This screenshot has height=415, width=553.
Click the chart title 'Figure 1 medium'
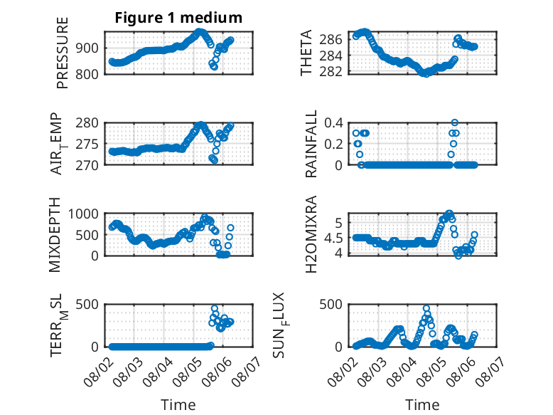[178, 18]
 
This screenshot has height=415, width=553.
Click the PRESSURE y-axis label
[62, 53]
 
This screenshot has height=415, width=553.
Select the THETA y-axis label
[306, 53]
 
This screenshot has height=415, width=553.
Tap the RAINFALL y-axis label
[311, 144]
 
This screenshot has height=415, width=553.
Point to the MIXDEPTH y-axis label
[55, 235]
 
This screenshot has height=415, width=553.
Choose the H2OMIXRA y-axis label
[311, 234]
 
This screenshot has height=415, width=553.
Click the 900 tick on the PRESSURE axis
[87, 48]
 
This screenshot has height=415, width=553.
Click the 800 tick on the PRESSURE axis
[87, 74]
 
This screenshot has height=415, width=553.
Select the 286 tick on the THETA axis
[331, 39]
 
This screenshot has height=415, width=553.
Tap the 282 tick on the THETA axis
[331, 71]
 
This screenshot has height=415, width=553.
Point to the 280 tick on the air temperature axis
[87, 123]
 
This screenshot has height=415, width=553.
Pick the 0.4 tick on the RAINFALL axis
[333, 123]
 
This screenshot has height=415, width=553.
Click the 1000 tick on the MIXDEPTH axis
[83, 214]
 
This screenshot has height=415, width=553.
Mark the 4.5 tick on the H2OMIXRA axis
[333, 238]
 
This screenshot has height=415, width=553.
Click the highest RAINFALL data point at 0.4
[455, 122]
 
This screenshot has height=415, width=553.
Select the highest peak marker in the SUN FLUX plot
[426, 308]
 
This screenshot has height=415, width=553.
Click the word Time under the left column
[178, 404]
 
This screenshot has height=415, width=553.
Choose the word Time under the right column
[422, 404]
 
